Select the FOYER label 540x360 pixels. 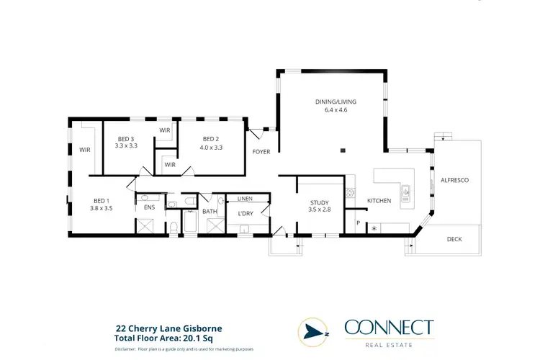click(x=261, y=152)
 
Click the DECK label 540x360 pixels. click(x=454, y=239)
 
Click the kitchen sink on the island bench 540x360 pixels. click(x=405, y=192)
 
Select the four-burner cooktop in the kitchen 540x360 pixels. click(x=351, y=192)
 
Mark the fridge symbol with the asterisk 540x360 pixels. click(x=374, y=228)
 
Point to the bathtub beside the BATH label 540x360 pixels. click(x=191, y=223)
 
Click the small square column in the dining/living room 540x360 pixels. click(x=343, y=150)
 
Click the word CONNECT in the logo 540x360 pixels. click(x=389, y=328)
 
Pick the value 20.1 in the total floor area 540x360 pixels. click(x=187, y=336)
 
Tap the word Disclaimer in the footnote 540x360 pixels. click(x=128, y=348)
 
